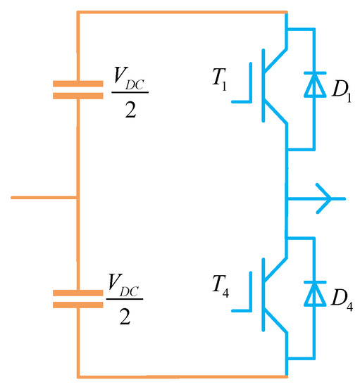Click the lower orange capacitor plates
[77, 298]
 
